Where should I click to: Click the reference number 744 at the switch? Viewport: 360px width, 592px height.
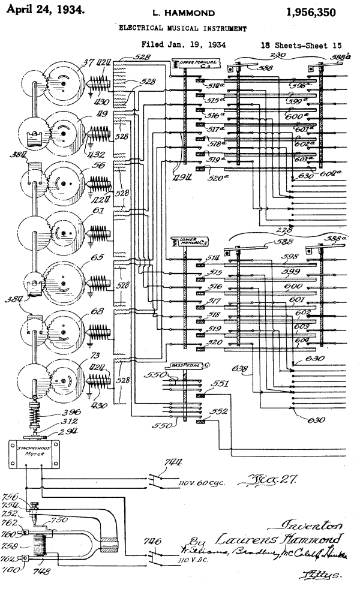point(173,462)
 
